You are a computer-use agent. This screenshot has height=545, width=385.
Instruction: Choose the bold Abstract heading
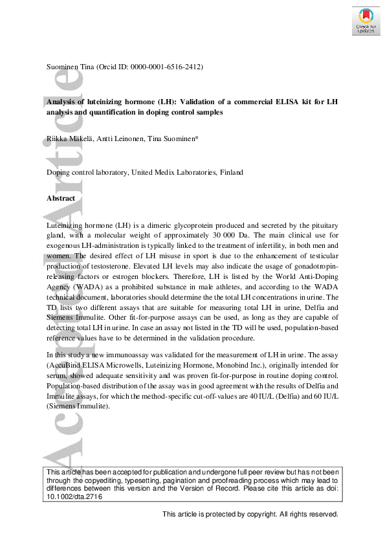(x=61, y=198)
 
